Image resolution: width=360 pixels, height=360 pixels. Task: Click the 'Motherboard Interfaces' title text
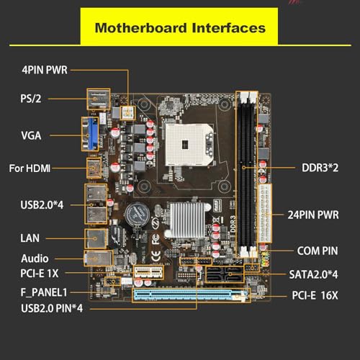coord(180,28)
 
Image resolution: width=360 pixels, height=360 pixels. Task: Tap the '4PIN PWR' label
coord(45,70)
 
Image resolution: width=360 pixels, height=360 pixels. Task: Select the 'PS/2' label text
coord(31,99)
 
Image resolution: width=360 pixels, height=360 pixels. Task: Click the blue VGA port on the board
coord(93,134)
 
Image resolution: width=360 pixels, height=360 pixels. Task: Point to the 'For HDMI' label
coord(30,168)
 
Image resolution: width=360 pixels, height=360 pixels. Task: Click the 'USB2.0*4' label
coord(42,205)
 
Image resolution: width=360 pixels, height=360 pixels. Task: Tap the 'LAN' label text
coord(30,238)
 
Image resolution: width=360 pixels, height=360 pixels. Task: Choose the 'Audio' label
coord(35,258)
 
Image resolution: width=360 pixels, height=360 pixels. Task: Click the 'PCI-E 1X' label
coord(40,274)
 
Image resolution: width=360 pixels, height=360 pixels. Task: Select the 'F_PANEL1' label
coord(44,292)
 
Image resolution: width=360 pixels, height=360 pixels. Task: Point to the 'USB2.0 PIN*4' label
coord(52,308)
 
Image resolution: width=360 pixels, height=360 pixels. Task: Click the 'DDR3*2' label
coord(320,168)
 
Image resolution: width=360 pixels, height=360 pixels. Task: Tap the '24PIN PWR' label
coord(313,215)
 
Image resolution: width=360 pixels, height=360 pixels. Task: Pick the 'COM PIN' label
coord(318,251)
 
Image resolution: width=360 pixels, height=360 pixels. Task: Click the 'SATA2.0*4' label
coord(313,274)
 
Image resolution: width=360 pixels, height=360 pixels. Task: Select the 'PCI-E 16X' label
coord(315,295)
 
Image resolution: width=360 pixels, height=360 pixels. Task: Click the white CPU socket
coord(189,145)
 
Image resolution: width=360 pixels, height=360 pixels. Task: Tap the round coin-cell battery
coord(137,215)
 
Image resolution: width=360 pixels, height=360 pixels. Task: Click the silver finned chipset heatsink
coord(188,219)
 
